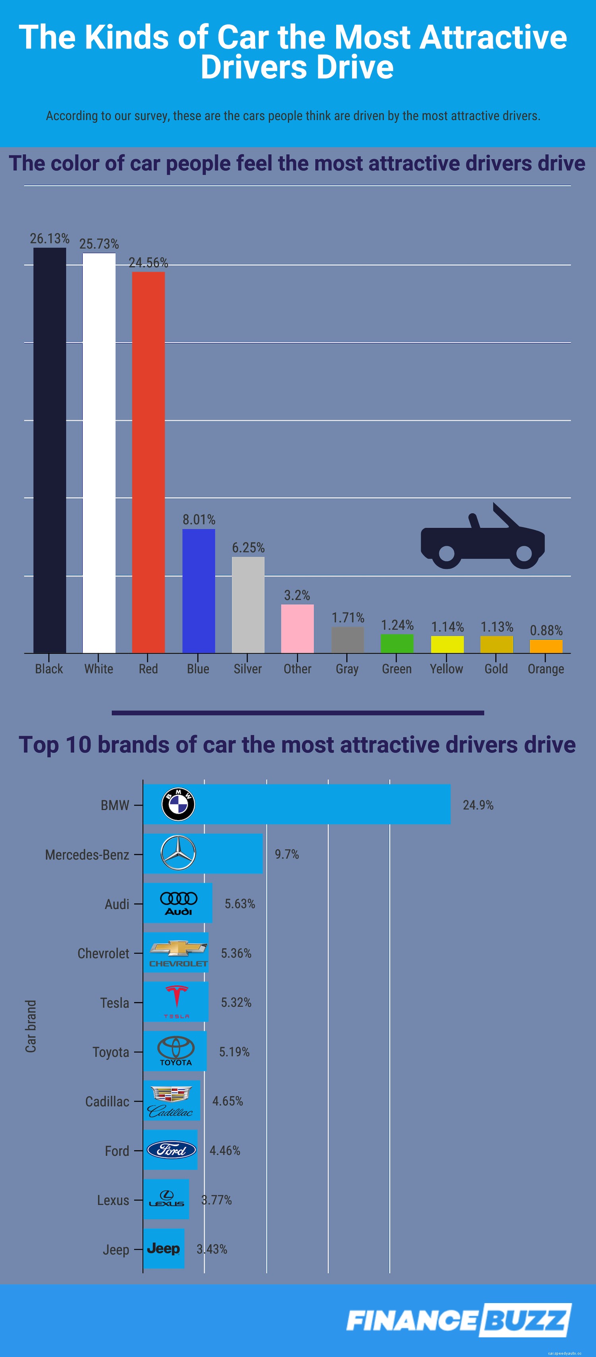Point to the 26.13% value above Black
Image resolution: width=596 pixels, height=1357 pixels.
click(x=50, y=239)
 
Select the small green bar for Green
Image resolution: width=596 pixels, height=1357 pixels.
click(x=397, y=643)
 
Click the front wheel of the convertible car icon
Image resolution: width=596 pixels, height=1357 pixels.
click(x=524, y=553)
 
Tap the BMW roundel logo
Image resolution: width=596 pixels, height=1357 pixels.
click(x=178, y=804)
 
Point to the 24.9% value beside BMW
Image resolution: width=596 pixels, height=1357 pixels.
click(x=478, y=805)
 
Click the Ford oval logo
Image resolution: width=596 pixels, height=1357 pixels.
click(x=171, y=1150)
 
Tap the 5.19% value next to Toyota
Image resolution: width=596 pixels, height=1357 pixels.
click(x=234, y=1051)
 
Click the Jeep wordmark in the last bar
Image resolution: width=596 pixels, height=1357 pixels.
click(x=163, y=1248)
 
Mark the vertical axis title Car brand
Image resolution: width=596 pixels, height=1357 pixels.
click(x=31, y=1026)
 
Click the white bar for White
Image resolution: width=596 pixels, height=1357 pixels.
click(x=99, y=453)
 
